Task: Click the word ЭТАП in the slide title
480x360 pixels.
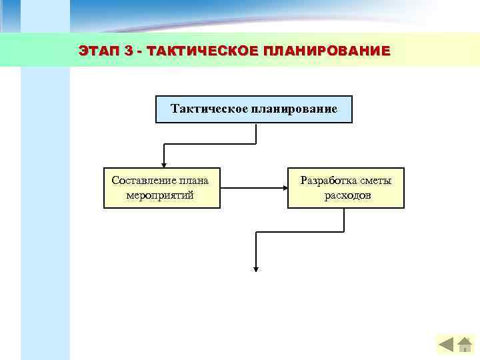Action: pyautogui.click(x=98, y=51)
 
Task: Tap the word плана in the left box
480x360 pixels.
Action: pyautogui.click(x=193, y=180)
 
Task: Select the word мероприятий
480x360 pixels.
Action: pyautogui.click(x=160, y=195)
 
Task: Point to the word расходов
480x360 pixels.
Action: pyautogui.click(x=347, y=195)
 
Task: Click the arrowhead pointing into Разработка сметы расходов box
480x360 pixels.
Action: pyautogui.click(x=284, y=188)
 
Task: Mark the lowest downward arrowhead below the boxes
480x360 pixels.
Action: pyautogui.click(x=255, y=268)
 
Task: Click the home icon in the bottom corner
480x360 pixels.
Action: pyautogui.click(x=465, y=344)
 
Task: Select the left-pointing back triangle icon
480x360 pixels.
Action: pyautogui.click(x=445, y=345)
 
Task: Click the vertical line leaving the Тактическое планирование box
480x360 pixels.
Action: pyautogui.click(x=255, y=133)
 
